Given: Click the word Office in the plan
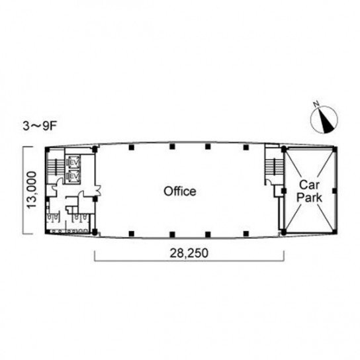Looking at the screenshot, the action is pyautogui.click(x=180, y=191).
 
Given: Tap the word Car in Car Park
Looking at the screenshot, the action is pyautogui.click(x=309, y=185).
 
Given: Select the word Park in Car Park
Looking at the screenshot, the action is pyautogui.click(x=309, y=197).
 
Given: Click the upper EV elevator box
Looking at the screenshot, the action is pyautogui.click(x=74, y=162).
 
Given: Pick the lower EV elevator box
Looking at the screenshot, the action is pyautogui.click(x=74, y=176).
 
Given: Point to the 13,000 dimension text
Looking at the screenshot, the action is pyautogui.click(x=32, y=190).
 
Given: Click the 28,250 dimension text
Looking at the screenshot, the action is pyautogui.click(x=189, y=253).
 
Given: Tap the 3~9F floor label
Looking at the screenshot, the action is pyautogui.click(x=40, y=126).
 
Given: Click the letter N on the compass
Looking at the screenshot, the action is pyautogui.click(x=317, y=105).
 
